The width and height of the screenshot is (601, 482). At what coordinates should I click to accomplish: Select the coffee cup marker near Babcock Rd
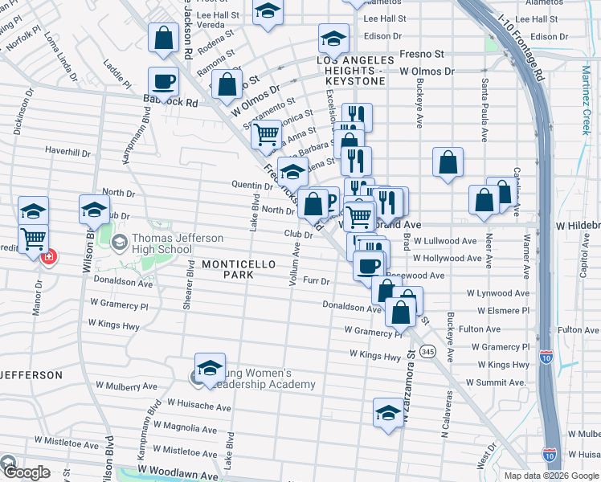pyautogui.click(x=163, y=82)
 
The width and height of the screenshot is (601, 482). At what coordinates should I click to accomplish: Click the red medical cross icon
pyautogui.click(x=48, y=257)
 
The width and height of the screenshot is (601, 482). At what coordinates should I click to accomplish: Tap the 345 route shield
pyautogui.click(x=427, y=351)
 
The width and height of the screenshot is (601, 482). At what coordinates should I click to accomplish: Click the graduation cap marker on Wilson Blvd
pyautogui.click(x=94, y=210)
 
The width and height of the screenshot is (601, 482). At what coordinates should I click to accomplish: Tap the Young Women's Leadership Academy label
pyautogui.click(x=264, y=378)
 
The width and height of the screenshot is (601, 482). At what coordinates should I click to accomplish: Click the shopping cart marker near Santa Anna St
pyautogui.click(x=266, y=135)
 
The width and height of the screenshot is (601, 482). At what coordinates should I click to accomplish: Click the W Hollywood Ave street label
pyautogui.click(x=448, y=259)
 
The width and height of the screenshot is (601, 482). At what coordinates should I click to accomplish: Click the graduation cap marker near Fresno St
pyautogui.click(x=333, y=37)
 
